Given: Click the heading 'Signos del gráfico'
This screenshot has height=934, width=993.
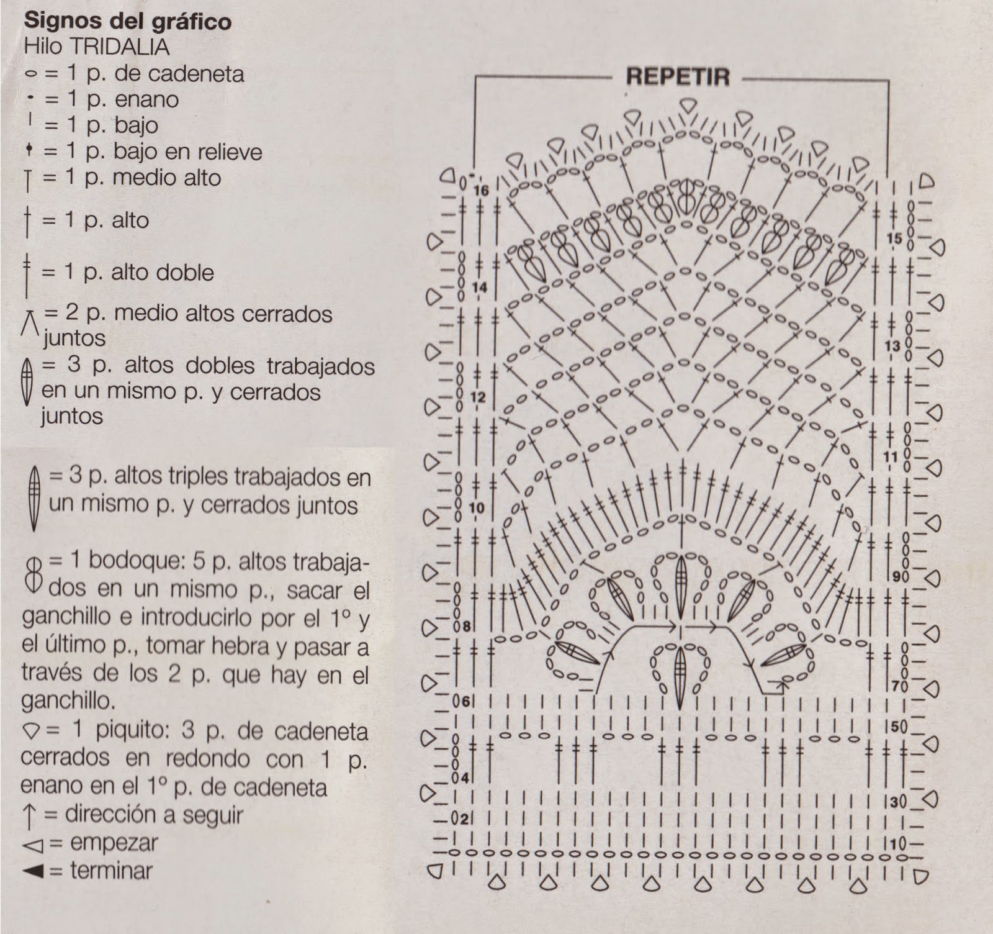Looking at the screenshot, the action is coord(127,21).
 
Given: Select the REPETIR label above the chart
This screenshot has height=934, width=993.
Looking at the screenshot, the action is coord(678,77).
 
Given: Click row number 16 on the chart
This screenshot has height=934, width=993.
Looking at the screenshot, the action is coord(481,189).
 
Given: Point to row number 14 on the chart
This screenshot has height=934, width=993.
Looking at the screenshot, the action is coord(479,288).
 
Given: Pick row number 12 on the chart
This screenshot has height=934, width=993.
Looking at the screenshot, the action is coord(478,397).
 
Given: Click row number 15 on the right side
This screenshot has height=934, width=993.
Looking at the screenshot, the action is coord(894,238).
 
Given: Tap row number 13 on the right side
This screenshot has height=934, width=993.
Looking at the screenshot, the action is coord(892,345).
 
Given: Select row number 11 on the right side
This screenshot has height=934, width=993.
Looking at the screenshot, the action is coord(891,458).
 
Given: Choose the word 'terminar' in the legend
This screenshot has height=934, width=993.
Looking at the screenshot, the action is coord(111,870).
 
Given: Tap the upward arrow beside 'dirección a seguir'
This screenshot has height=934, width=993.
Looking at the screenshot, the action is coord(29,815).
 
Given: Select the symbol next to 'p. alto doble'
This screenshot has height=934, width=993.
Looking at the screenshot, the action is coord(27,273).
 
